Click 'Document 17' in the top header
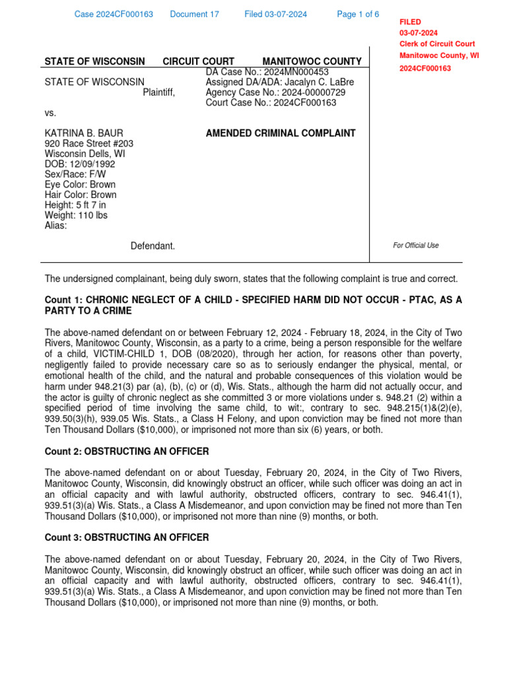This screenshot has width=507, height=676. pyautogui.click(x=194, y=15)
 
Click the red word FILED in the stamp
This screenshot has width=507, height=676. pyautogui.click(x=410, y=22)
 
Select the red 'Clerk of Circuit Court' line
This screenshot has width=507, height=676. pyautogui.click(x=436, y=44)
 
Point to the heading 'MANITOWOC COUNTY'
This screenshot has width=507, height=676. pyautogui.click(x=312, y=61)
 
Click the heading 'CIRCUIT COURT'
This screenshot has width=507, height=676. pyautogui.click(x=198, y=61)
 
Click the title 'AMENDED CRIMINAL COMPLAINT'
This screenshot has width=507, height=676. pyautogui.click(x=281, y=133)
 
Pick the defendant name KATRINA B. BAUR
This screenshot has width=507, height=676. pyautogui.click(x=84, y=133)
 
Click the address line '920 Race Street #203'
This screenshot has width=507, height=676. pyautogui.click(x=88, y=144)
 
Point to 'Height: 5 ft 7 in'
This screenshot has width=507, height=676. pyautogui.click(x=75, y=205)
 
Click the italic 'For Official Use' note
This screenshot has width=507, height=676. pyautogui.click(x=415, y=246)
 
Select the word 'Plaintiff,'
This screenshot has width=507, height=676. pyautogui.click(x=159, y=92)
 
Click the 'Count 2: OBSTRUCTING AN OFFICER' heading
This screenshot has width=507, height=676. pyautogui.click(x=126, y=452)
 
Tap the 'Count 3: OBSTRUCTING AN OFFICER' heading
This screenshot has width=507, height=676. pyautogui.click(x=126, y=537)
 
